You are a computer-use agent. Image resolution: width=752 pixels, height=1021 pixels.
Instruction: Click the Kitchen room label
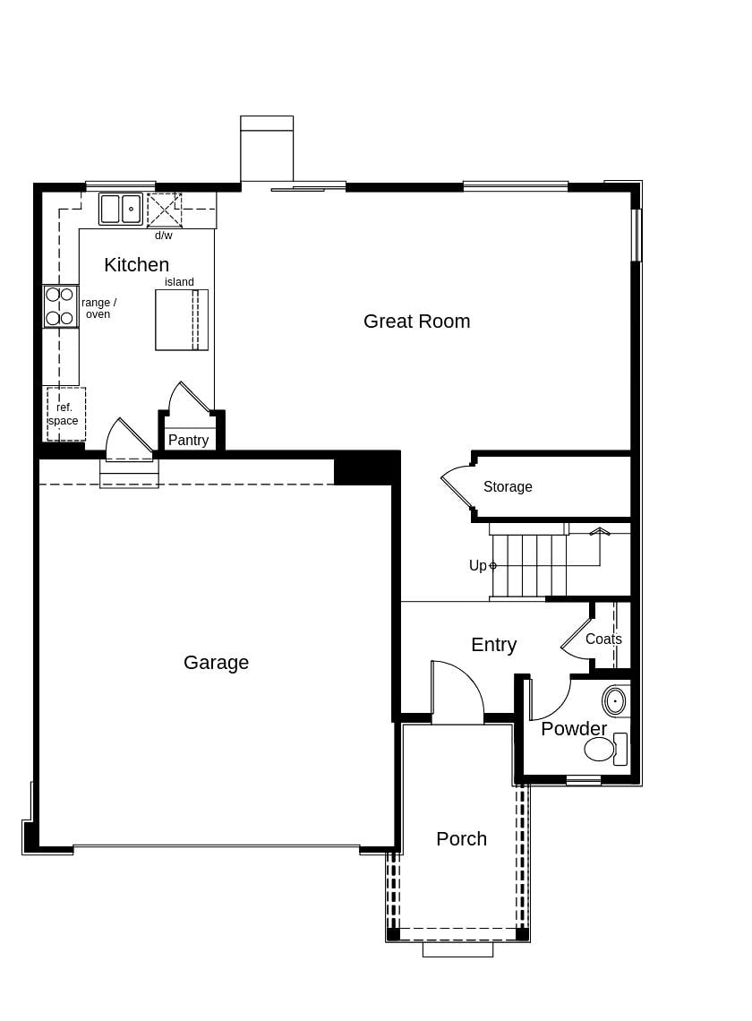[136, 264]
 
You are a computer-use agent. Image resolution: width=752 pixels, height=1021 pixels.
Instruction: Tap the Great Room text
[416, 321]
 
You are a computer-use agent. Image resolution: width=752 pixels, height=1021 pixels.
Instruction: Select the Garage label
[216, 662]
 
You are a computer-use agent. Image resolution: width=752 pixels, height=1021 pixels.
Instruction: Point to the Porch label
[461, 838]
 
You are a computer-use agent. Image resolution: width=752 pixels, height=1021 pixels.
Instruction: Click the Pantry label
[188, 440]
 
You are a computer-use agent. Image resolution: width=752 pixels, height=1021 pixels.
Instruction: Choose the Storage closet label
[508, 486]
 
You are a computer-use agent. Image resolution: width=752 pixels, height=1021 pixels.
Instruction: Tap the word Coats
[603, 639]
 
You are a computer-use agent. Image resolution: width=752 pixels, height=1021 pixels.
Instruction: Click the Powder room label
[574, 728]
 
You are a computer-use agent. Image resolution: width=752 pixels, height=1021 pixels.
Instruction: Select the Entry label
[493, 644]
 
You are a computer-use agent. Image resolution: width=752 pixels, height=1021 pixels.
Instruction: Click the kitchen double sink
[121, 209]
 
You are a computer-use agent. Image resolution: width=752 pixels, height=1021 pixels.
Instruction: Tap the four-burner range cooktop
[60, 306]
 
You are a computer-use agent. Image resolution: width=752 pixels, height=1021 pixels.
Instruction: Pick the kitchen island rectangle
[181, 320]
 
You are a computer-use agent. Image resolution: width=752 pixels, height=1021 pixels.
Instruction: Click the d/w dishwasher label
[164, 236]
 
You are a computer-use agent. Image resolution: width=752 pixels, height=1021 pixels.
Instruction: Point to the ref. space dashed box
[65, 414]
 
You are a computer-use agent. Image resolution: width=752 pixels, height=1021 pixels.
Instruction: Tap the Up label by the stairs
[477, 565]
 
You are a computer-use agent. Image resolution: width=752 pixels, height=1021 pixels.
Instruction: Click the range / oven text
[98, 308]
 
